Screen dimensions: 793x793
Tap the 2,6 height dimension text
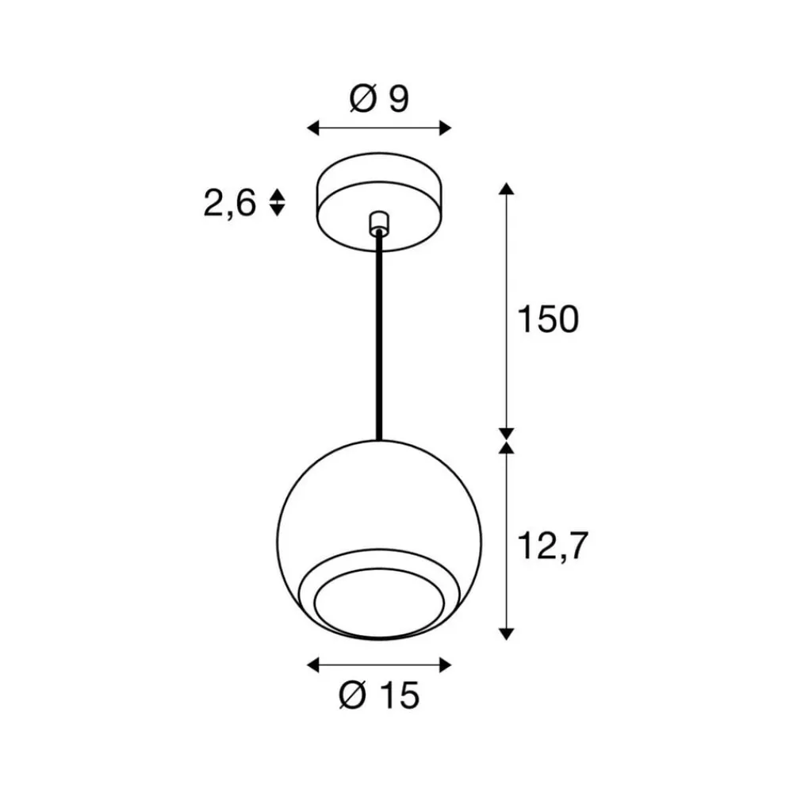point(229,205)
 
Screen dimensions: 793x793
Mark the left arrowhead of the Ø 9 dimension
point(312,128)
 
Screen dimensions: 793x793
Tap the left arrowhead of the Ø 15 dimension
point(312,664)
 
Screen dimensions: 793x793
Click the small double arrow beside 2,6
point(277,203)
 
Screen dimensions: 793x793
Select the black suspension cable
point(380,333)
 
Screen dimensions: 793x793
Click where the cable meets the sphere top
point(380,439)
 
